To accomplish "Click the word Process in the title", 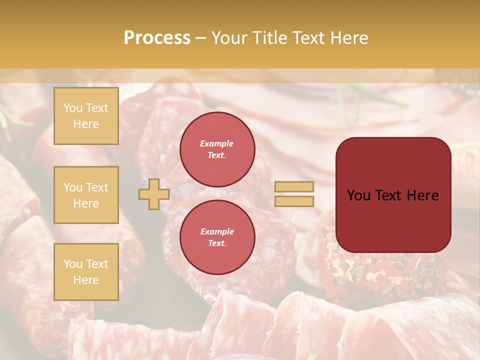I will coord(157,38).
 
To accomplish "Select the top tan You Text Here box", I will coord(86,116).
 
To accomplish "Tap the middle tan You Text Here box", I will coord(86,195).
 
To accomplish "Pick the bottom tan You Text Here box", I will coord(86,272).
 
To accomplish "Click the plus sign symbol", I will coord(154,194).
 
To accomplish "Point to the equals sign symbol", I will coord(294,194).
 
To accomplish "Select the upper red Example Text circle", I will coord(217,149).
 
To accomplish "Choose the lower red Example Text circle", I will coord(217,237).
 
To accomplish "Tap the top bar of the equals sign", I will coord(294,186).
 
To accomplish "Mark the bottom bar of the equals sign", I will coord(294,201).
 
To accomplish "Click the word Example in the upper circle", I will coord(217,143).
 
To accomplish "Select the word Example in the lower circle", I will coord(217,231).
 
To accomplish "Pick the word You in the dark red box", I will coord(359,195).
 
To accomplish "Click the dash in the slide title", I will coord(201,38).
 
